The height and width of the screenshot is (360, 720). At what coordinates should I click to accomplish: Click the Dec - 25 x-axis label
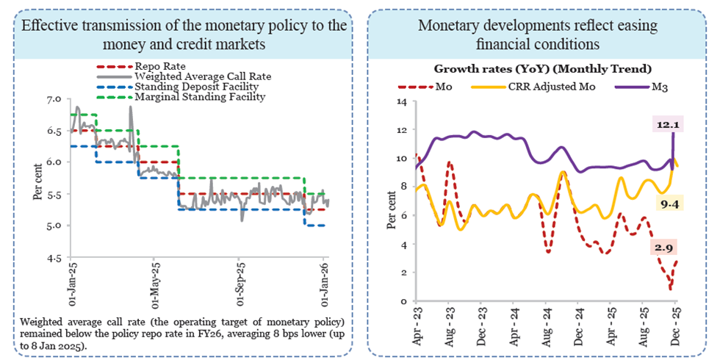point(675,322)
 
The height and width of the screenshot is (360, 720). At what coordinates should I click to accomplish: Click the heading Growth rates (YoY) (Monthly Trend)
point(543,69)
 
